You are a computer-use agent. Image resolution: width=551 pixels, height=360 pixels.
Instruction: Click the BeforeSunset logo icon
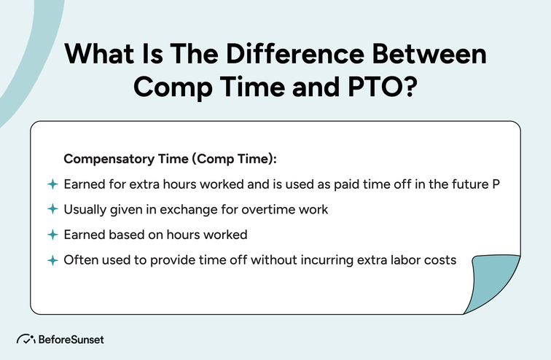tap(26, 340)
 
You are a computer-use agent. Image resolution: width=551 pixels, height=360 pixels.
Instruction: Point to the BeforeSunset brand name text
tap(72, 340)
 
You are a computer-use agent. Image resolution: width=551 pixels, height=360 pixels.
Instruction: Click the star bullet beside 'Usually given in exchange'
tap(52, 209)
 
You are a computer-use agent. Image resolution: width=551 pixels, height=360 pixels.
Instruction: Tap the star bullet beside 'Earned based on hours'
tap(52, 235)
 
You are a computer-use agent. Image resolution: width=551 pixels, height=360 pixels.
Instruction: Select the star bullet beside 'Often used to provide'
tap(52, 260)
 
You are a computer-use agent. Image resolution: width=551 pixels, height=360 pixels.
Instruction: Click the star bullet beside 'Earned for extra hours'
tap(52, 184)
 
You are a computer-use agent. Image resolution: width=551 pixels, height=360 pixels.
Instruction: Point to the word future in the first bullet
tap(464, 184)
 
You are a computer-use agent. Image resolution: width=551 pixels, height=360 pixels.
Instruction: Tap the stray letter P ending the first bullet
tap(495, 184)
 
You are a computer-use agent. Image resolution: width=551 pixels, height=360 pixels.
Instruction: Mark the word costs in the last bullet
tap(439, 260)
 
